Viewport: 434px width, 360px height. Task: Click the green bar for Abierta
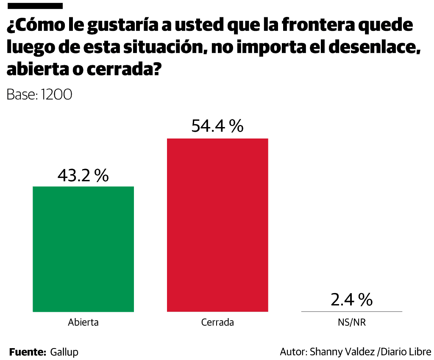[x=83, y=249]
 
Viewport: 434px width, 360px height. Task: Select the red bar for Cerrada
[x=217, y=225]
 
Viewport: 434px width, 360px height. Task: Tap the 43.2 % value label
[x=83, y=176]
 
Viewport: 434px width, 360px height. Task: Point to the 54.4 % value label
[x=217, y=126]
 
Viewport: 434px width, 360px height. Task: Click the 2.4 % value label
[x=351, y=300]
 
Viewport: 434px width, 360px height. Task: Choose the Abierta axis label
[x=83, y=322]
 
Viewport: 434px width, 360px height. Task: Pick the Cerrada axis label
[x=217, y=322]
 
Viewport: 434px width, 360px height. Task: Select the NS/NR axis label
[x=351, y=322]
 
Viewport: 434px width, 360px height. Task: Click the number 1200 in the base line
[x=56, y=95]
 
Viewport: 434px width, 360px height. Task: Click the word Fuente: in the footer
[x=28, y=352]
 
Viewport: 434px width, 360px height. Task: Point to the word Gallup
[x=64, y=352]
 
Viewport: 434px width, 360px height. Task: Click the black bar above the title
[x=35, y=6]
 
